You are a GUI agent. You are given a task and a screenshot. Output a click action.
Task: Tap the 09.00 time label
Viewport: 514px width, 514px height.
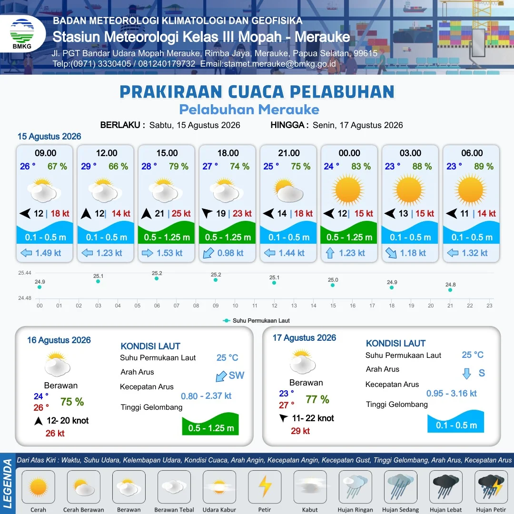(46, 153)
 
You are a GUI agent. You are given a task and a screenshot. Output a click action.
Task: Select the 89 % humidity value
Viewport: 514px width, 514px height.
(484, 167)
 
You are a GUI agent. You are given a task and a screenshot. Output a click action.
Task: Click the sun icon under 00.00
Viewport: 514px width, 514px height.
(348, 190)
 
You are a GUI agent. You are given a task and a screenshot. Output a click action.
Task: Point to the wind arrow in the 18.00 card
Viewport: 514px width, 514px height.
(207, 213)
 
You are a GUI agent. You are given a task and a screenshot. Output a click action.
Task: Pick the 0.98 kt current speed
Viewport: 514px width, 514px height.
(230, 253)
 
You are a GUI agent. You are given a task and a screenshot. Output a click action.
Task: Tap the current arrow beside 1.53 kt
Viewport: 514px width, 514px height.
(148, 253)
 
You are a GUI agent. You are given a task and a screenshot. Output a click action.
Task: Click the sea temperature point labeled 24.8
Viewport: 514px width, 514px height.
(450, 290)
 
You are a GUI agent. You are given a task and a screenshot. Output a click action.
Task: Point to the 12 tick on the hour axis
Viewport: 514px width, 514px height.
(275, 306)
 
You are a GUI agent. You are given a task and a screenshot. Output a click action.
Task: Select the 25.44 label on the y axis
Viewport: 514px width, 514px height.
(25, 273)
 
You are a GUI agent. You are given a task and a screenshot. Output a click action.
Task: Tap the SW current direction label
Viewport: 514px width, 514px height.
(237, 376)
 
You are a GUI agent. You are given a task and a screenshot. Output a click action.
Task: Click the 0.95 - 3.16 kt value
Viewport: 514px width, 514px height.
(451, 394)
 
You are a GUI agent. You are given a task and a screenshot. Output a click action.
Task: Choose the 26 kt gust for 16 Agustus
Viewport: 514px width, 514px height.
(55, 434)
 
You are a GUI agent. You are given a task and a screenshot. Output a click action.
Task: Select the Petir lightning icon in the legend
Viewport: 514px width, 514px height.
(265, 486)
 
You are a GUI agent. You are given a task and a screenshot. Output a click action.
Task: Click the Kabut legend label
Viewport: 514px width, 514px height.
(310, 510)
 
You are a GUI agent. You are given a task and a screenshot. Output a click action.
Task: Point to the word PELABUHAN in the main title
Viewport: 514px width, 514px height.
(342, 92)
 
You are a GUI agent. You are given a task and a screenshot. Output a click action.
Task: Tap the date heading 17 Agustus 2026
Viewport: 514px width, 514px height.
(304, 337)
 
